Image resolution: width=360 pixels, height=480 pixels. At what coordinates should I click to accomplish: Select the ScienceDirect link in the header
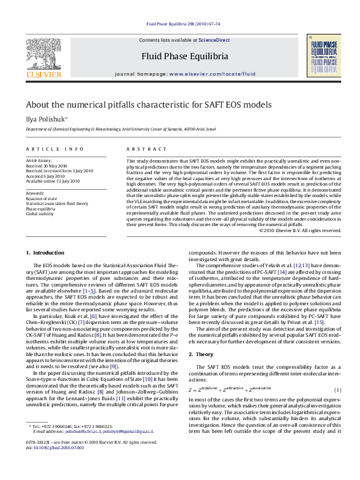tap(214, 40)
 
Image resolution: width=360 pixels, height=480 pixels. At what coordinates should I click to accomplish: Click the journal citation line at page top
tap(180, 25)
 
